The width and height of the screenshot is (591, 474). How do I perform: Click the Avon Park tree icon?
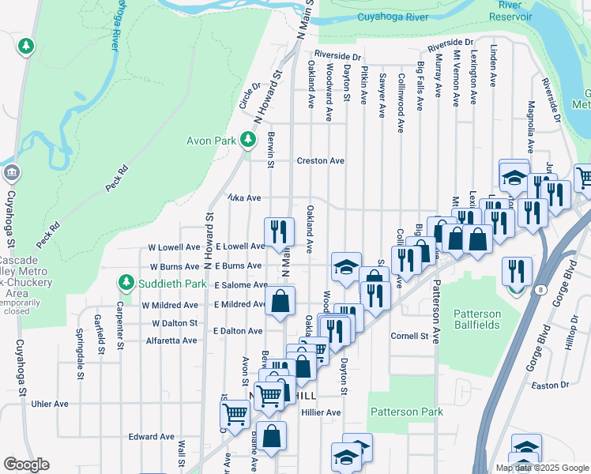[248, 141]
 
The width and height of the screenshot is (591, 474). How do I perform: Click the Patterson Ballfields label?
[476, 320]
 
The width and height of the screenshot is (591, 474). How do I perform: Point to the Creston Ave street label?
[320, 161]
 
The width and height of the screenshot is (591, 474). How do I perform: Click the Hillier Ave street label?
[321, 412]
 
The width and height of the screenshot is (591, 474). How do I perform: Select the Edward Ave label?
[151, 437]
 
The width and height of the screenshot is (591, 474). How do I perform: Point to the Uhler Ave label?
[49, 404]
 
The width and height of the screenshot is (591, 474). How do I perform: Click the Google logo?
[26, 465]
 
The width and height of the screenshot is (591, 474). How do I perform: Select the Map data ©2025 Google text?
[541, 468]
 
